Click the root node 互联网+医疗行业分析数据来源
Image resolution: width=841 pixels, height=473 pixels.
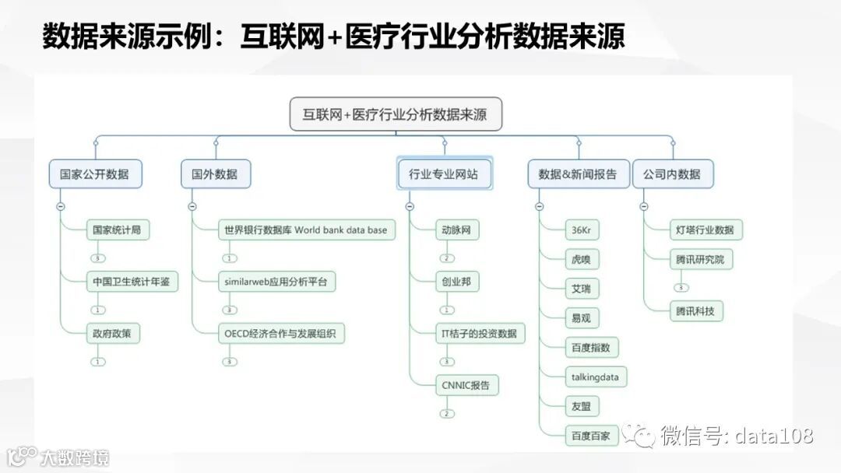(396, 114)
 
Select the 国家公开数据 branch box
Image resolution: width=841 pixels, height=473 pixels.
(95, 174)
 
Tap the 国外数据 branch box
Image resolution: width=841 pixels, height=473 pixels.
(215, 174)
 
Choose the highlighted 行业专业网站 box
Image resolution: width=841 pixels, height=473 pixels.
(445, 174)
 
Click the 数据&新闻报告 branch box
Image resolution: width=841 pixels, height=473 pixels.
(578, 174)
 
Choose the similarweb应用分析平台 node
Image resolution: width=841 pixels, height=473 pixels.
(276, 282)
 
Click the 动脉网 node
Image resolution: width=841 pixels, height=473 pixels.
(456, 229)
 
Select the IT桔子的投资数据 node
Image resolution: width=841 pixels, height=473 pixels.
(479, 334)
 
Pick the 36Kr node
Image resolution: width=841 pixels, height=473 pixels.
(582, 230)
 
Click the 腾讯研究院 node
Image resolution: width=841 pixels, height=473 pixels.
(700, 259)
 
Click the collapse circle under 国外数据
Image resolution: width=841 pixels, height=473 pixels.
(192, 206)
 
